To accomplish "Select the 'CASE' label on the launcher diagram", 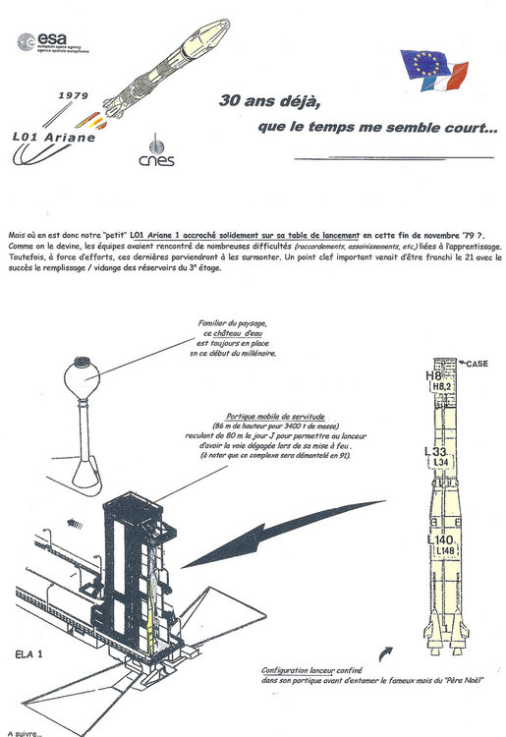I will point(478,365).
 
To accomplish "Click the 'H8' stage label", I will point(432,375).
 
